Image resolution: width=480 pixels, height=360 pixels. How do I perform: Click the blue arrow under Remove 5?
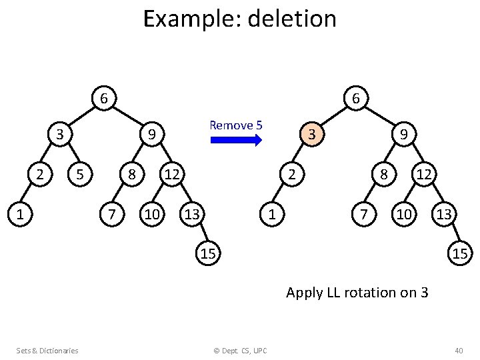[x=236, y=140]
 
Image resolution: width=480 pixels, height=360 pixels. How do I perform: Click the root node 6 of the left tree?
[x=103, y=99]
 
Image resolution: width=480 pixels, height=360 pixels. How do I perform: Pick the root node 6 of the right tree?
[x=356, y=99]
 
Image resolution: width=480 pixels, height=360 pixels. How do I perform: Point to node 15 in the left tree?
[x=208, y=253]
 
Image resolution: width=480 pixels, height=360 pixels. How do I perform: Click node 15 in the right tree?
[x=459, y=253]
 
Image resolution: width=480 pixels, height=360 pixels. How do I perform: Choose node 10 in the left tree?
[x=152, y=215]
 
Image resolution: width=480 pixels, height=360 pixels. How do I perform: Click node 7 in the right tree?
[x=363, y=215]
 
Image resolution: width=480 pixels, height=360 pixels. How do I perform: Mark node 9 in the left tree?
[x=152, y=135]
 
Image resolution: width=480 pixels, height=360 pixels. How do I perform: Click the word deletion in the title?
[x=291, y=19]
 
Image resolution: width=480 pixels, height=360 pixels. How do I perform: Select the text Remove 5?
[x=236, y=125]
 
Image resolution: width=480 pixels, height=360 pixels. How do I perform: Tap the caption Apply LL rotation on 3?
[x=357, y=292]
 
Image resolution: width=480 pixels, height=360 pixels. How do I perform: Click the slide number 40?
[x=458, y=350]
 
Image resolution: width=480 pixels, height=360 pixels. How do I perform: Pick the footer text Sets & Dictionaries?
[x=47, y=350]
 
